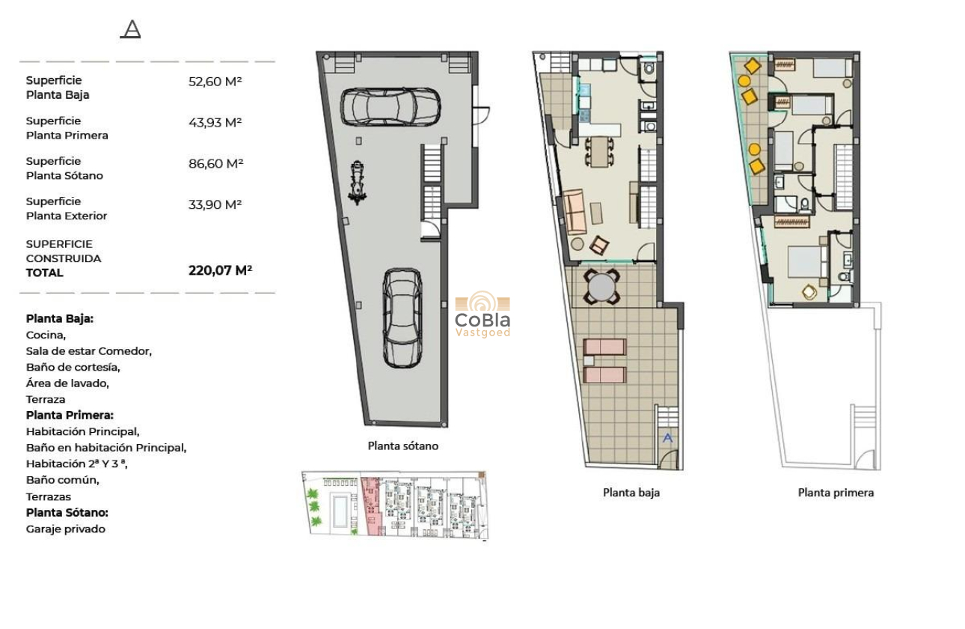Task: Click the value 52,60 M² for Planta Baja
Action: pos(215,82)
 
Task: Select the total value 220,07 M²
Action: pos(220,270)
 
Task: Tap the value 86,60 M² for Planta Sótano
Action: pos(215,163)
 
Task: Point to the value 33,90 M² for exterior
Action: pos(215,204)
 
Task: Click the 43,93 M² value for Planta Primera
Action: pos(215,123)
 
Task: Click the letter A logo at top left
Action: pos(131,30)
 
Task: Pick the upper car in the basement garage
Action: pos(390,106)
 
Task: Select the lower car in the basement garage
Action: pos(402,317)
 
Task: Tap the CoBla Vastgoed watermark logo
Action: pos(482,314)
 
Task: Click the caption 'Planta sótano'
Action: pos(402,446)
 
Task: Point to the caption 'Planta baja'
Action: pos(631,493)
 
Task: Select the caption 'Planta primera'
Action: pos(836,493)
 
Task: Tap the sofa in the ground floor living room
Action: pos(575,212)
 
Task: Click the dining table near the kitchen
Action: pos(598,152)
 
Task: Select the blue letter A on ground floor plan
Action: pos(668,438)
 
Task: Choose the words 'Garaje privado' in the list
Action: pos(66,529)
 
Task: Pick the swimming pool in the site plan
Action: pos(340,508)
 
